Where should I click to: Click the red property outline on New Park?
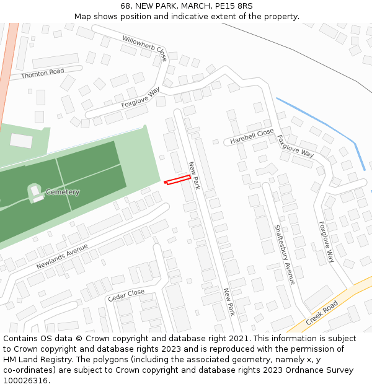(x=177, y=180)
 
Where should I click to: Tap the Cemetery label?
(x=63, y=192)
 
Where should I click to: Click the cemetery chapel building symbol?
(x=35, y=193)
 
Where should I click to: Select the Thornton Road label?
(x=42, y=74)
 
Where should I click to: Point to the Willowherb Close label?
(x=144, y=48)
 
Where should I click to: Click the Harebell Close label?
(x=252, y=136)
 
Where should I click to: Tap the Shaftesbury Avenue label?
(x=285, y=254)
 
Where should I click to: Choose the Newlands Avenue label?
(x=62, y=256)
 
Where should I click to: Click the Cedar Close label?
(x=126, y=295)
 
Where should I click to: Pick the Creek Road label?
(x=321, y=313)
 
